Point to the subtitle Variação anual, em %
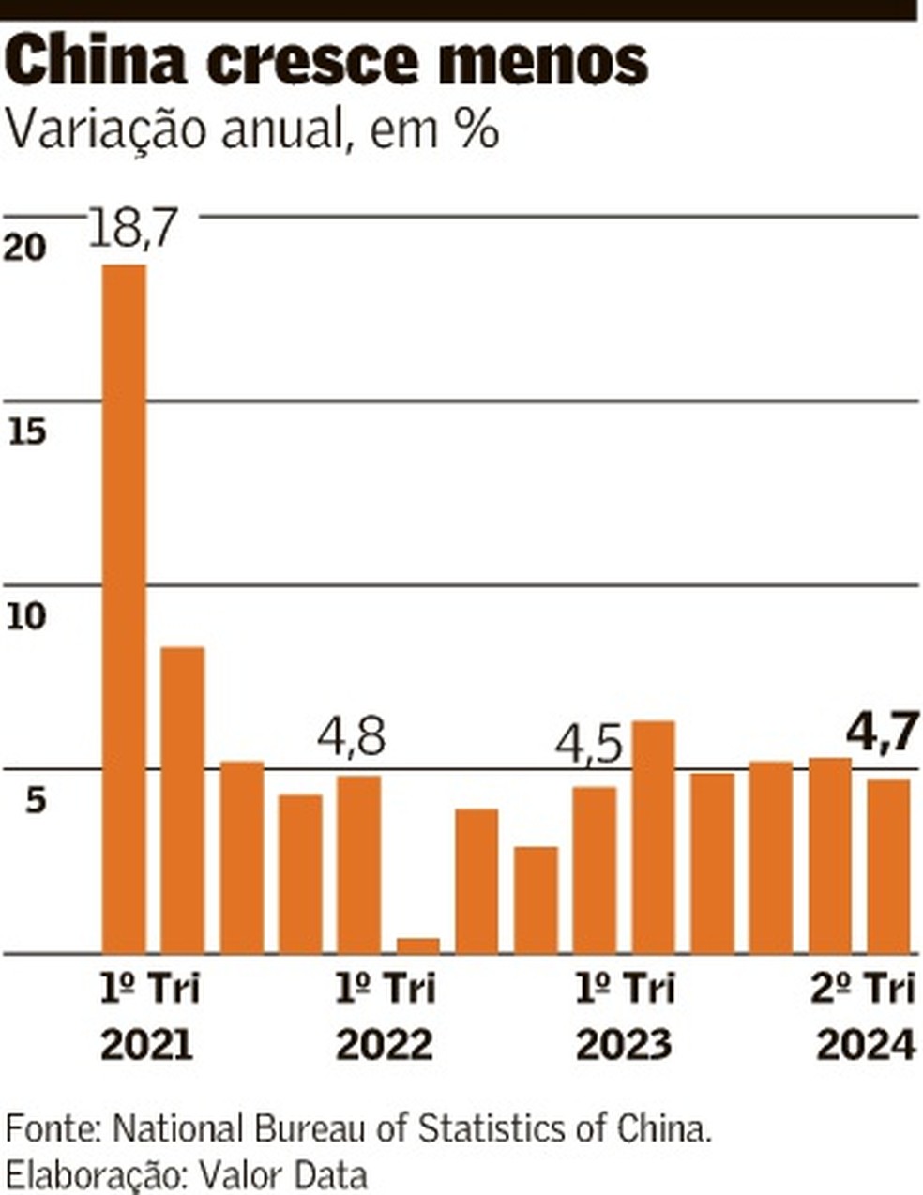(x=251, y=129)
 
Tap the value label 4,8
(x=352, y=740)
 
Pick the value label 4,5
(x=589, y=747)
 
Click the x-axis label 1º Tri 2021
(x=148, y=1017)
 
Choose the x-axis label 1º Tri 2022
(x=385, y=1017)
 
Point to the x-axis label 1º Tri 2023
(x=623, y=1017)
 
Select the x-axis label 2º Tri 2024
(x=864, y=1017)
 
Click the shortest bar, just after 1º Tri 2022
(x=417, y=945)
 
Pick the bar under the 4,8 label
(x=359, y=864)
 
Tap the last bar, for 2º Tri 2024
(x=888, y=866)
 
